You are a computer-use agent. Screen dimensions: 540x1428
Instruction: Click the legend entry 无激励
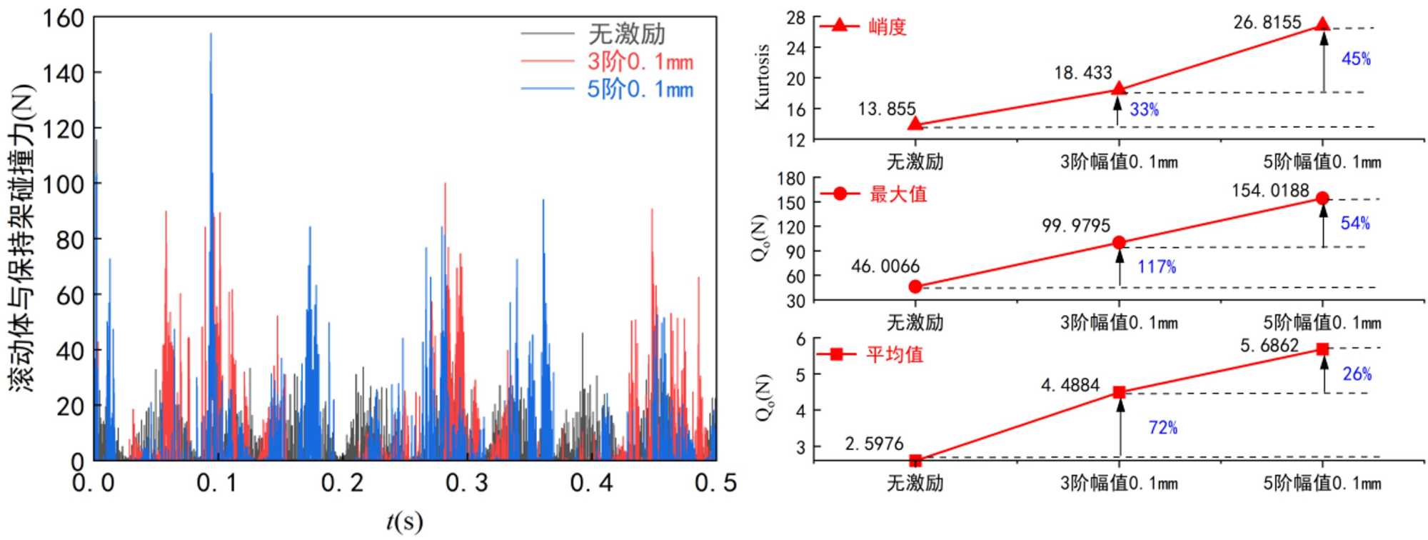click(x=626, y=34)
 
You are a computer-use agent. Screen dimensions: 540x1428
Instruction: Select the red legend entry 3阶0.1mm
click(x=640, y=61)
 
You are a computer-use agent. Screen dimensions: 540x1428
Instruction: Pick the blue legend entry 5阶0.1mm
click(x=640, y=89)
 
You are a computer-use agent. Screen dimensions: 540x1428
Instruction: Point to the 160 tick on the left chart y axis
click(x=64, y=18)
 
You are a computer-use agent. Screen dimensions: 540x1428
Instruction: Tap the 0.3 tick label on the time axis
click(x=466, y=484)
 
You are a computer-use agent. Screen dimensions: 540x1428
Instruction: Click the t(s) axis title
click(x=404, y=521)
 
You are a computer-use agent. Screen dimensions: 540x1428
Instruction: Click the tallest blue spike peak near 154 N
click(x=211, y=34)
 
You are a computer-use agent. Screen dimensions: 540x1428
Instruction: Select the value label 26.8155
click(x=1267, y=22)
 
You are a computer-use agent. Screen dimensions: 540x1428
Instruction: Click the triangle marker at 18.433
click(x=1119, y=89)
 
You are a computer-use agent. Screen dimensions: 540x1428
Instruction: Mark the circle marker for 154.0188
click(x=1322, y=199)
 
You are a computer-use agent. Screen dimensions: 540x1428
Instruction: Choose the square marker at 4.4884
click(x=1120, y=392)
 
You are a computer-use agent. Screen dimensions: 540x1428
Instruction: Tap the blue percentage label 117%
click(x=1157, y=266)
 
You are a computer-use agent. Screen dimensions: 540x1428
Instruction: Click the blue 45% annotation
click(x=1356, y=59)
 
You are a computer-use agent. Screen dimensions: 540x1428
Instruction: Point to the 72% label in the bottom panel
click(x=1162, y=427)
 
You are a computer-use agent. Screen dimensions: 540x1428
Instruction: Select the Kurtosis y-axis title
click(x=763, y=76)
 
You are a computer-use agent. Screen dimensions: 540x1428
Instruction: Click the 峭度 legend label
click(x=887, y=27)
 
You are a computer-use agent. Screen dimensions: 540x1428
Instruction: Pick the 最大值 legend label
click(x=897, y=194)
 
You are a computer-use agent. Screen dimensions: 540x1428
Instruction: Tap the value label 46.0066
click(x=885, y=266)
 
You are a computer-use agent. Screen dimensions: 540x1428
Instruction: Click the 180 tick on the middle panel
click(x=791, y=179)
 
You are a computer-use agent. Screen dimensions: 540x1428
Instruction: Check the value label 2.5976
click(x=874, y=444)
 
